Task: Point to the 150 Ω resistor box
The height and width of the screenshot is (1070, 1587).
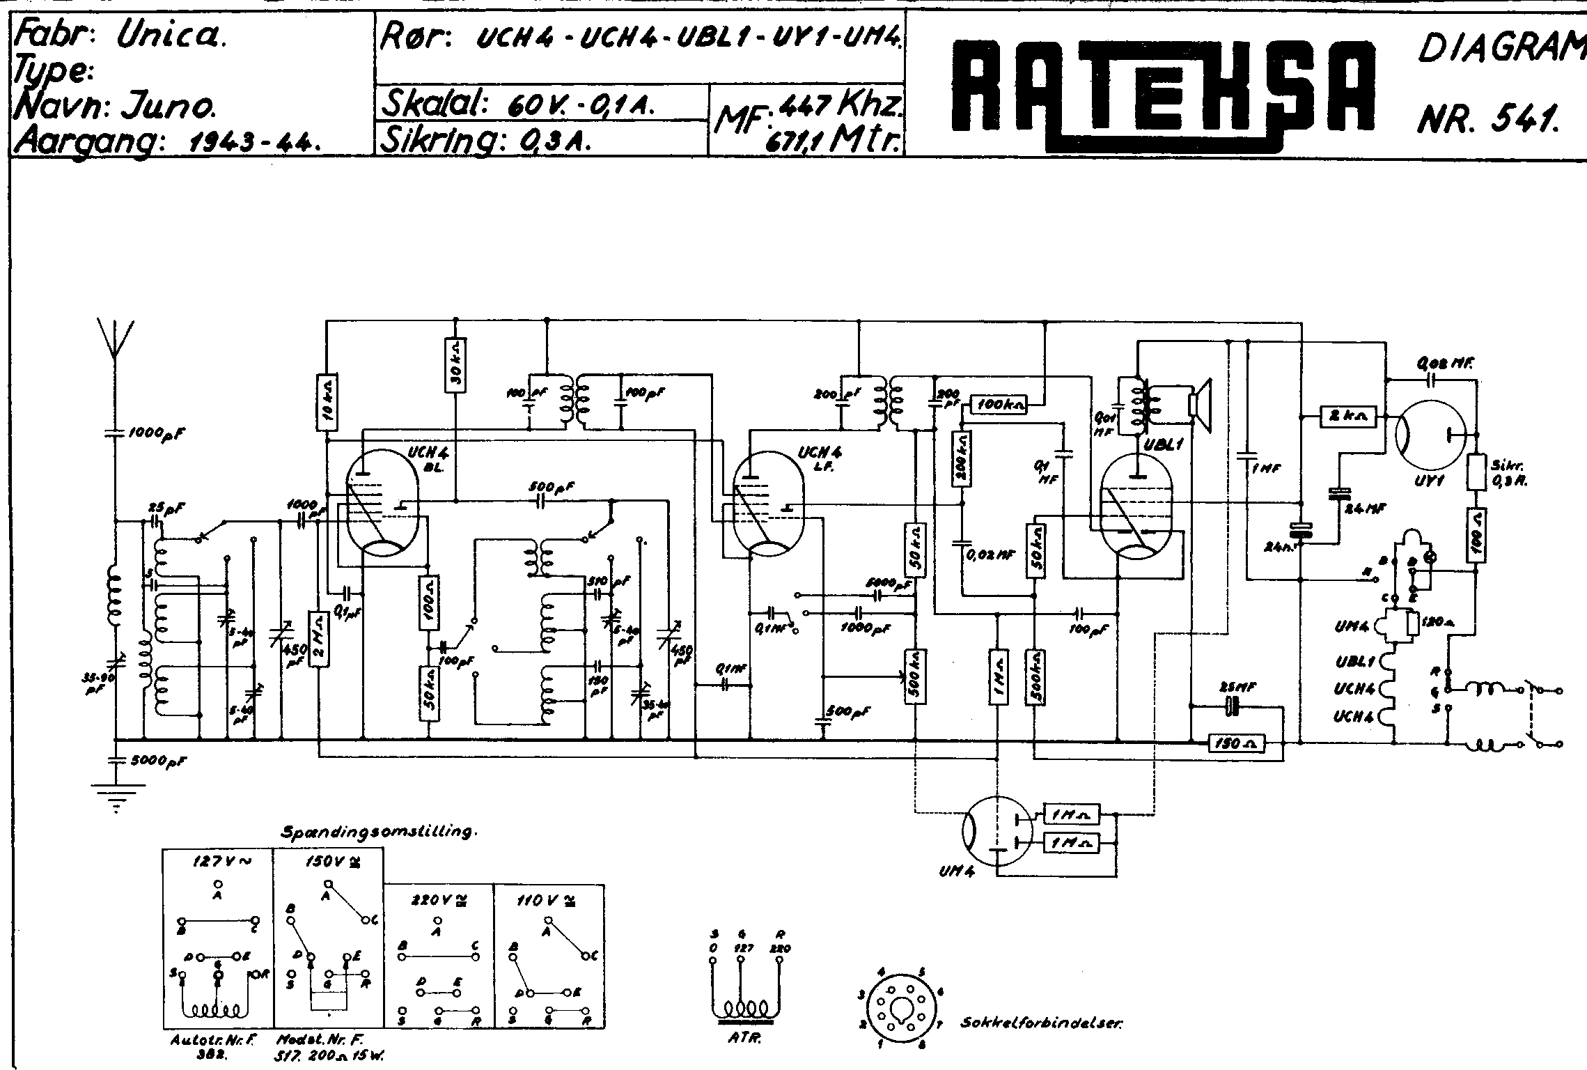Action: tap(1235, 745)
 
